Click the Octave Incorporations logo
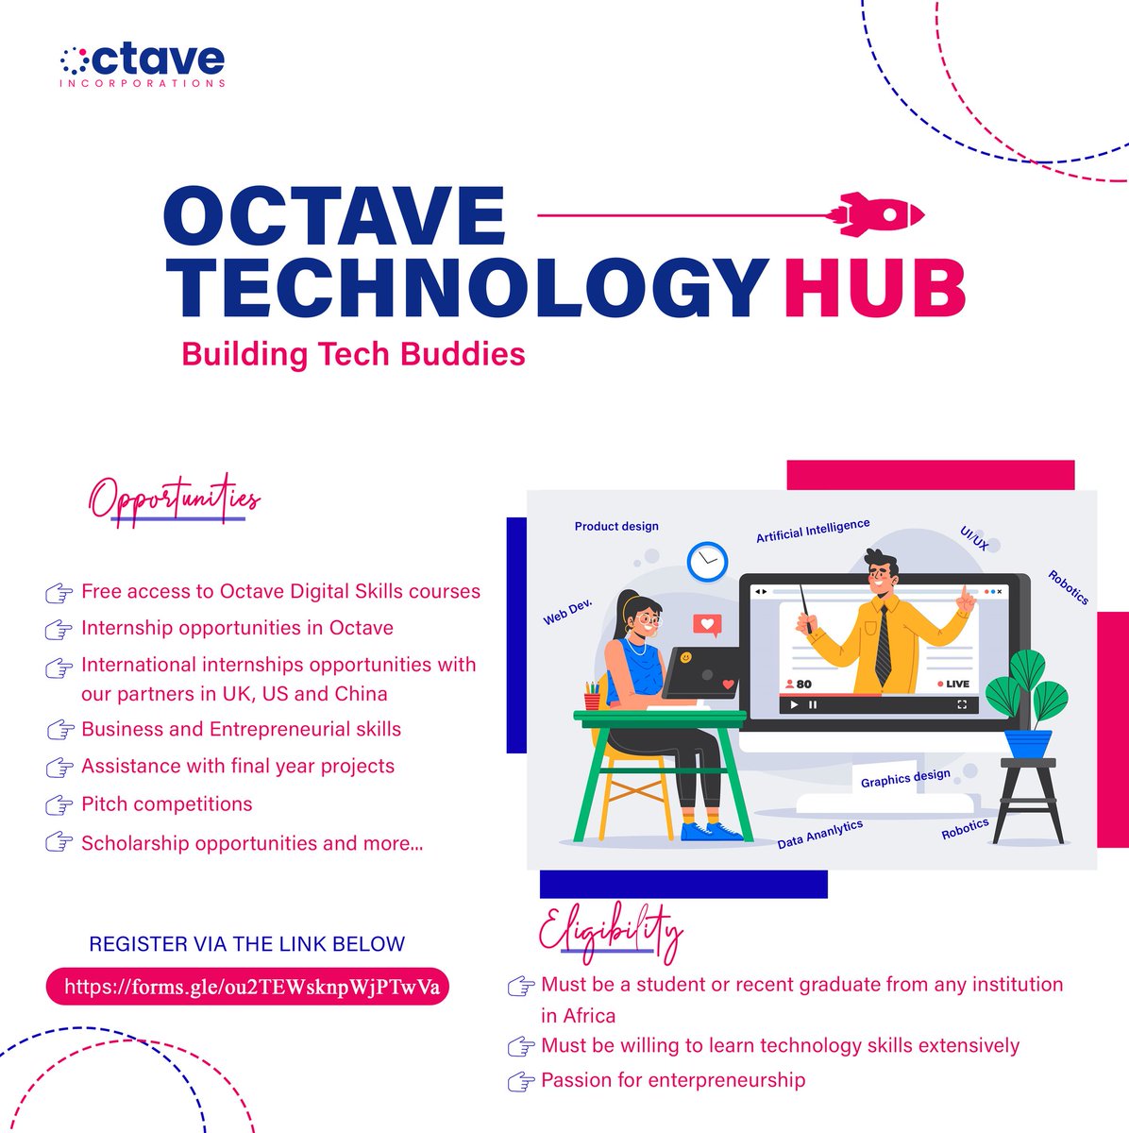(142, 64)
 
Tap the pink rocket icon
(879, 215)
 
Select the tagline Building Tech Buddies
(353, 354)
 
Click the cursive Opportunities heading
(176, 499)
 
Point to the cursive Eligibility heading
(610, 929)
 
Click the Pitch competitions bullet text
(167, 804)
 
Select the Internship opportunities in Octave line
(237, 628)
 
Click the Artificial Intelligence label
(813, 531)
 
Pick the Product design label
(616, 526)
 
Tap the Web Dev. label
(566, 613)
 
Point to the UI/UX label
(974, 539)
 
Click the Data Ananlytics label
(819, 834)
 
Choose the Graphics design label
(905, 778)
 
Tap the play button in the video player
(794, 704)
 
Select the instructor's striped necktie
(883, 645)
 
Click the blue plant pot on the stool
(1027, 743)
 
